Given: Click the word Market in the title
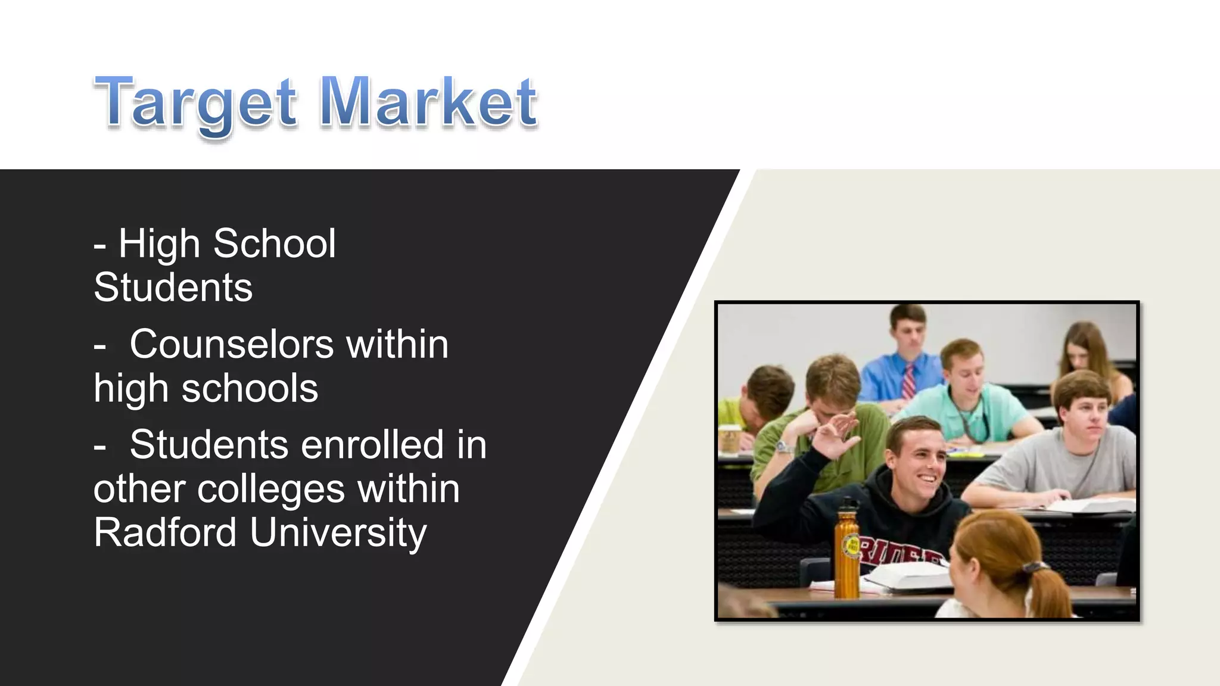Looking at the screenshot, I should pos(428,102).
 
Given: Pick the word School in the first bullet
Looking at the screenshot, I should pos(275,244).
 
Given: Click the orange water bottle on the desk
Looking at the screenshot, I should pos(847,551).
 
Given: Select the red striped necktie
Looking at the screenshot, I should pos(909,381).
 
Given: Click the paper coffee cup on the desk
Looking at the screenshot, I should pos(729,439).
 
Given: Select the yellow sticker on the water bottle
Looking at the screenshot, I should pos(850,546).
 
